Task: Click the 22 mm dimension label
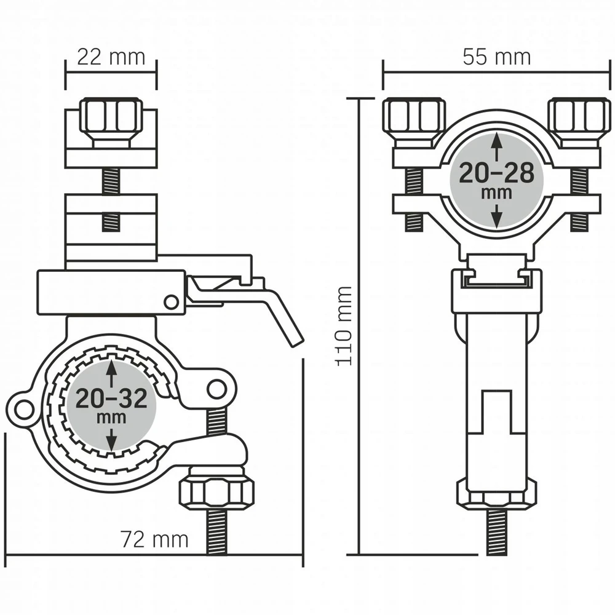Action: tap(111, 57)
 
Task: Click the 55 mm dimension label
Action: tap(496, 57)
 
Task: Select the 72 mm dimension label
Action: tap(154, 539)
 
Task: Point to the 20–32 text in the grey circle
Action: tap(111, 399)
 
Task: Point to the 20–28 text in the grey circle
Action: tap(496, 173)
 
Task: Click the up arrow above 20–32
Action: tap(112, 373)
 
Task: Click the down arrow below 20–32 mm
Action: tap(112, 439)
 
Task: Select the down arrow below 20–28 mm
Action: tap(497, 215)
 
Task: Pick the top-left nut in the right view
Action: tap(414, 119)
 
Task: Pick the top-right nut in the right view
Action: tap(580, 119)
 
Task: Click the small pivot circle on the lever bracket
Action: tap(171, 301)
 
